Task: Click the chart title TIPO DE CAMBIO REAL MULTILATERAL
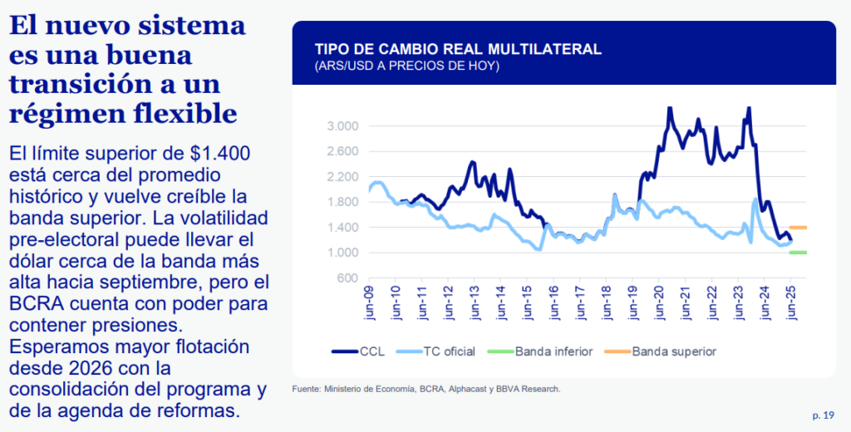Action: click(x=457, y=48)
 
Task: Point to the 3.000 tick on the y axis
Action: click(x=342, y=126)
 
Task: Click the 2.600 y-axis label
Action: click(x=342, y=151)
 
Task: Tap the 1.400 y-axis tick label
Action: click(x=342, y=227)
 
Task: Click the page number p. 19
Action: click(x=824, y=415)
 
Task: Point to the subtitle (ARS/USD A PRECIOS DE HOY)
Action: click(x=406, y=66)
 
